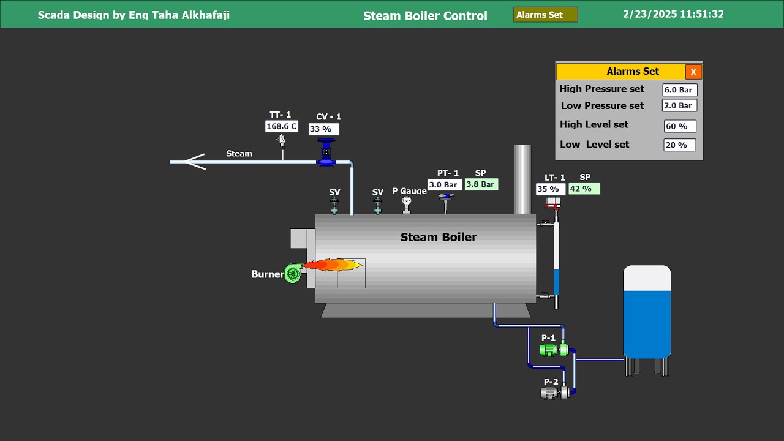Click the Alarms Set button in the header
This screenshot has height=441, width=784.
(x=545, y=15)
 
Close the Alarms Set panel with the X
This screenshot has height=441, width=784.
(x=693, y=72)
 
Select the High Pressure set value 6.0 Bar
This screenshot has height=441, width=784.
(x=679, y=90)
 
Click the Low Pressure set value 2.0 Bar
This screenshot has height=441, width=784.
(x=679, y=105)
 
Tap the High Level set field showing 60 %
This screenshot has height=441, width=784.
(x=680, y=126)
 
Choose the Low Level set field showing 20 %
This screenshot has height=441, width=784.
(x=679, y=145)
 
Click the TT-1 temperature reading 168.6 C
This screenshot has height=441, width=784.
(x=282, y=126)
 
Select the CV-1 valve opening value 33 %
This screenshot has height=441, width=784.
(x=323, y=129)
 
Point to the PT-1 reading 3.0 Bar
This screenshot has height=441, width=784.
(x=444, y=184)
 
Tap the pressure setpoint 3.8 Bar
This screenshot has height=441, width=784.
(x=481, y=184)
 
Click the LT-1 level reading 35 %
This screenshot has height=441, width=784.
(x=550, y=189)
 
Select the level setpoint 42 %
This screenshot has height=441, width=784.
(x=584, y=189)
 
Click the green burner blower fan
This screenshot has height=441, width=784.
(x=293, y=274)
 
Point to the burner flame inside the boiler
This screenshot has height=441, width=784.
(x=331, y=265)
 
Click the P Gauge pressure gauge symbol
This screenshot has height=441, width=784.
(x=407, y=202)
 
